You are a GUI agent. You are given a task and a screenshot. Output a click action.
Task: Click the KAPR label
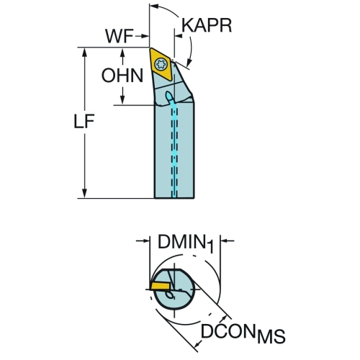207,25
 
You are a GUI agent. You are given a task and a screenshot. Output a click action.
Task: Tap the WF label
119,37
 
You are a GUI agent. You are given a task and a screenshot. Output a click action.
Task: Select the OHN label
122,75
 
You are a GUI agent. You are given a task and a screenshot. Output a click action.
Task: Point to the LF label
84,121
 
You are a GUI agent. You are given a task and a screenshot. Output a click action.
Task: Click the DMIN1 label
185,243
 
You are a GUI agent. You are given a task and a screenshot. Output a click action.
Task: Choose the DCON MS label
243,333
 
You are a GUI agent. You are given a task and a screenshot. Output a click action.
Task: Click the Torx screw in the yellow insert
160,64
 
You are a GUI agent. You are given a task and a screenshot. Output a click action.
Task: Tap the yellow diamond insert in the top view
161,64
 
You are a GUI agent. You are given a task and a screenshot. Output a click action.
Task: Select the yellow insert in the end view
160,286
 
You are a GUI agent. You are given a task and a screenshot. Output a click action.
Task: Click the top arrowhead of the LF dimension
84,52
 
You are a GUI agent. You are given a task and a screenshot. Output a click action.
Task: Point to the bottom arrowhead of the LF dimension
84,194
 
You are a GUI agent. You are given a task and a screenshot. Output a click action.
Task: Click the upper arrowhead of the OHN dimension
122,53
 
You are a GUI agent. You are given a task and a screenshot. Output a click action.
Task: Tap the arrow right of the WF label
142,36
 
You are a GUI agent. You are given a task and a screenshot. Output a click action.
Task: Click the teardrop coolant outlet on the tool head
169,96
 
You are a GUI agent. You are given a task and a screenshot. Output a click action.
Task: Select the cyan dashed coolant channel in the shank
175,150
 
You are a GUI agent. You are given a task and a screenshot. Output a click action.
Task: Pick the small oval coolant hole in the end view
171,296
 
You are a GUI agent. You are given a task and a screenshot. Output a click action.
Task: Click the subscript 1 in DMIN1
210,247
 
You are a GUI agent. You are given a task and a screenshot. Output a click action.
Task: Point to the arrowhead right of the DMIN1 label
225,240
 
